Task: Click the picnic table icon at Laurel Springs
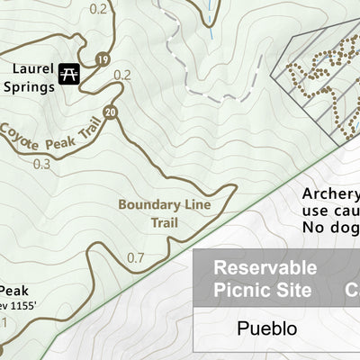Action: (x=67, y=75)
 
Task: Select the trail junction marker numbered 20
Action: (x=110, y=112)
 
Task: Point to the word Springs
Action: (x=29, y=87)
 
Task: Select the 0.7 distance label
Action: (x=135, y=258)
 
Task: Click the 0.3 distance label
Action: (x=41, y=164)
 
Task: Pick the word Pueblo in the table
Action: (x=266, y=328)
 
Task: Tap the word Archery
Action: (x=330, y=194)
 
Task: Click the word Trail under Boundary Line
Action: (x=164, y=222)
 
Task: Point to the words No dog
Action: (x=329, y=229)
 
